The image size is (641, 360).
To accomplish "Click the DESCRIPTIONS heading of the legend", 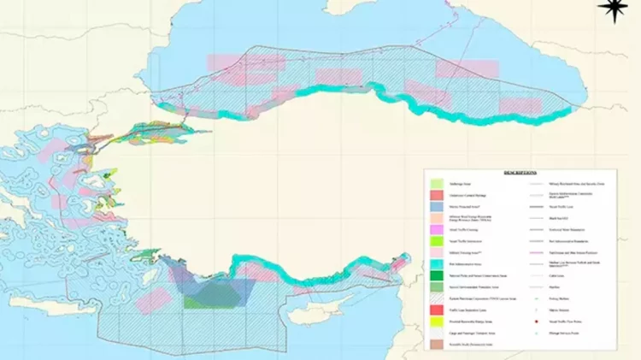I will tap(520, 173).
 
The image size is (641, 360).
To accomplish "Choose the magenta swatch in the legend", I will tap(436, 231).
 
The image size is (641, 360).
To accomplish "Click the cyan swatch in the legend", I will tap(436, 265).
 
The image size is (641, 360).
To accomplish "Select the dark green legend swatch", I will tap(436, 276).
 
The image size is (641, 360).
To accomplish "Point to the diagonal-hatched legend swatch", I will tap(436, 297).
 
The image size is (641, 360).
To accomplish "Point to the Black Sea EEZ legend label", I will tap(566, 217).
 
